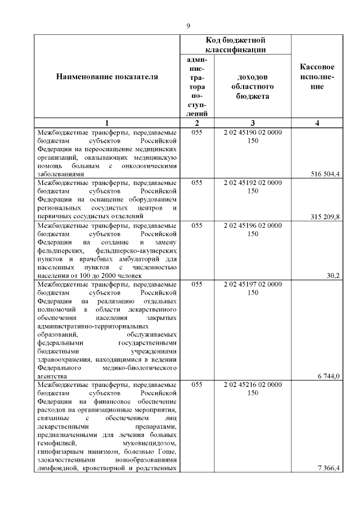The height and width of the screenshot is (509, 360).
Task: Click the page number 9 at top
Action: (188, 26)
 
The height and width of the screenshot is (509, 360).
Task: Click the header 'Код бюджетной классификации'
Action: (235, 45)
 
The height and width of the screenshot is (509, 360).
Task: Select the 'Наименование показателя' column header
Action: (107, 77)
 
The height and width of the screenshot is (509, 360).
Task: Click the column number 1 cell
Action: (107, 123)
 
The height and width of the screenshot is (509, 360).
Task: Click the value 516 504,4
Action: (325, 174)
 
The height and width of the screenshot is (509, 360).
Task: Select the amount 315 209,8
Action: (325, 217)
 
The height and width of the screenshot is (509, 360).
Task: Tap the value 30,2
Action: (333, 276)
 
